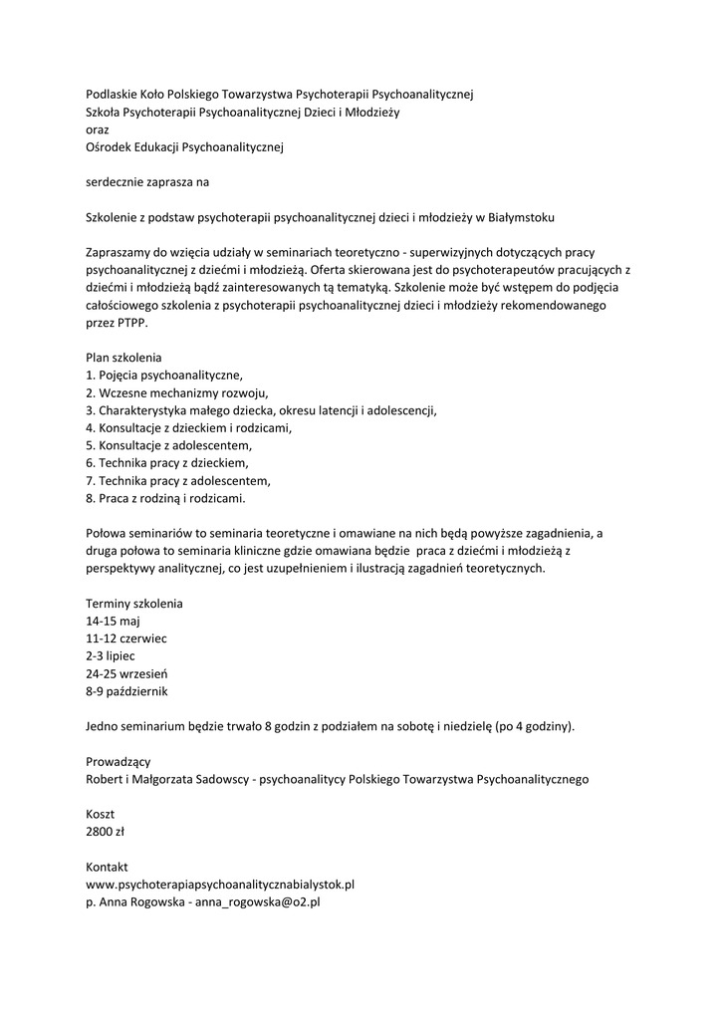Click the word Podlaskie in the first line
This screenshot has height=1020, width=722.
(114, 94)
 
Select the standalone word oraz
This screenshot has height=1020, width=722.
(98, 129)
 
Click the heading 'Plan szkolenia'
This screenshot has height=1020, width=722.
(123, 357)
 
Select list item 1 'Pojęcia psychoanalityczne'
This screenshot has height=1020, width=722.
(164, 375)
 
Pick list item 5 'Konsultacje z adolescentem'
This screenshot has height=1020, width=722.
(169, 445)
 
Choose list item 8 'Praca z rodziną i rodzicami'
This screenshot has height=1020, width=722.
(165, 498)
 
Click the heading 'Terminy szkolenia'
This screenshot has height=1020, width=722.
(134, 604)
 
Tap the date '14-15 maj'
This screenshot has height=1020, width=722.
(114, 622)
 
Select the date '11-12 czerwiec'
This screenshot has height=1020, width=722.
(126, 638)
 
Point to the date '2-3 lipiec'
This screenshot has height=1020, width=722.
(111, 656)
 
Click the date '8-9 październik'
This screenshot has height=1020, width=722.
(127, 691)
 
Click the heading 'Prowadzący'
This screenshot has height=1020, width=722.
(119, 762)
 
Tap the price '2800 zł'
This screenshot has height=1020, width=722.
(106, 832)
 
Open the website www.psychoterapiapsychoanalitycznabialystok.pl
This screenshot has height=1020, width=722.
(221, 885)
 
